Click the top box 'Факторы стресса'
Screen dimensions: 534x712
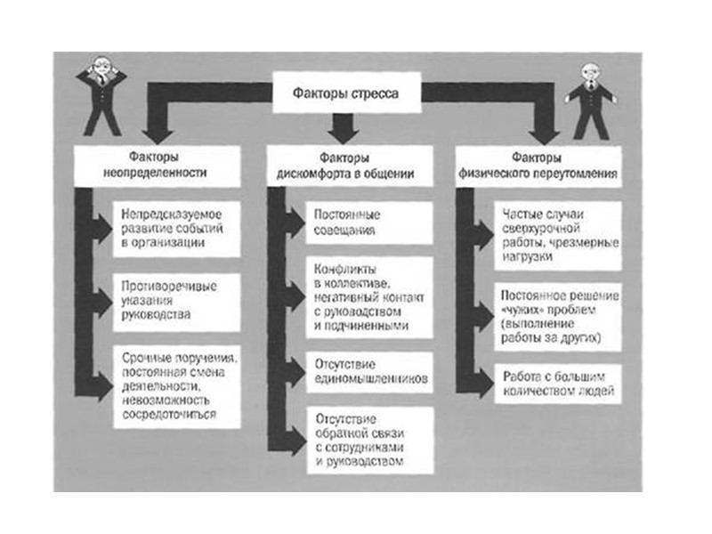346,93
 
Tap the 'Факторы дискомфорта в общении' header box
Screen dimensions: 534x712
348,166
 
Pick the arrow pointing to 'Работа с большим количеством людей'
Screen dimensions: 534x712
481,383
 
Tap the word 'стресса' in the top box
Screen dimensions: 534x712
373,93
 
